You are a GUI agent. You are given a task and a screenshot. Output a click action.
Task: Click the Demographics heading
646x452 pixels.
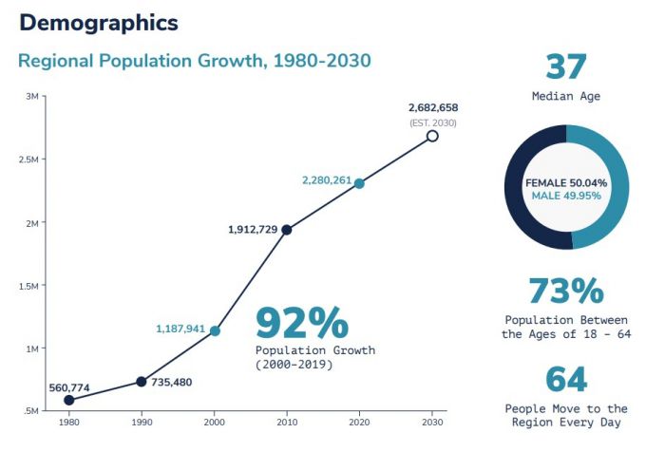[98, 22]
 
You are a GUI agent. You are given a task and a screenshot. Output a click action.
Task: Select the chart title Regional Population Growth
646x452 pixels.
[194, 61]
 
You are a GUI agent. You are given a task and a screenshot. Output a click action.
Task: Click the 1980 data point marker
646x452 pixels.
[68, 400]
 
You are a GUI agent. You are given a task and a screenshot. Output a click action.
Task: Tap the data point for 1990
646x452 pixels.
[142, 382]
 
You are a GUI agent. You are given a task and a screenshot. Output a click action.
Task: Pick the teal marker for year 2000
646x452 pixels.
[215, 330]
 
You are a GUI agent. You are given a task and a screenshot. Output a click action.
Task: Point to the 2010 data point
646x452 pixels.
[287, 230]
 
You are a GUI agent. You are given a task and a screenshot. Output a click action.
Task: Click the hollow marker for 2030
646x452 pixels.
[432, 136]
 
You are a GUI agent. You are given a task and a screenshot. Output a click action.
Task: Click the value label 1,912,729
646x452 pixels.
[253, 229]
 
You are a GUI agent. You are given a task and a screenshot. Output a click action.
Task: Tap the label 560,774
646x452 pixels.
[69, 387]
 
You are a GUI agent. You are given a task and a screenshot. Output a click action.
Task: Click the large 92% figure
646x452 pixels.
[301, 324]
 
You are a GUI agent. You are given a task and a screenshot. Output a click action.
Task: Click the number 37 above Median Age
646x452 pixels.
[565, 67]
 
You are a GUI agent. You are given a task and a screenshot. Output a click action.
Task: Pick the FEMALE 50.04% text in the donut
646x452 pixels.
[566, 181]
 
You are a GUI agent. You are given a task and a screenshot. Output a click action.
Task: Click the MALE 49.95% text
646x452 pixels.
[566, 196]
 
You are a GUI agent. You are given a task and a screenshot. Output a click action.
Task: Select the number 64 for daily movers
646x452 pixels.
[565, 379]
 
